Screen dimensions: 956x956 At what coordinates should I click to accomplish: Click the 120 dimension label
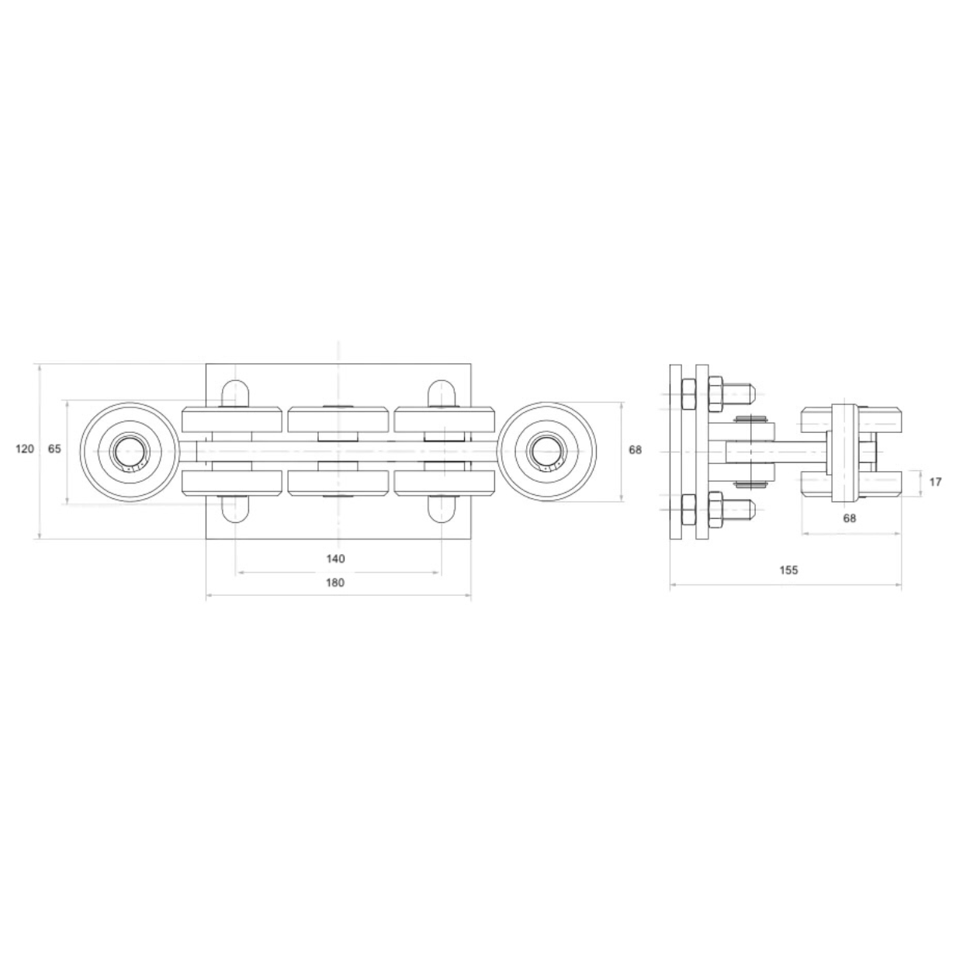pyautogui.click(x=25, y=449)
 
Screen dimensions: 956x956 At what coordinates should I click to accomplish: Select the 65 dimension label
pyautogui.click(x=54, y=449)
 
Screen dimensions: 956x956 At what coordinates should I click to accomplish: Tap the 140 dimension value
pyautogui.click(x=335, y=559)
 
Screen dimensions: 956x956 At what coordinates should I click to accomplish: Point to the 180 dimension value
pyautogui.click(x=335, y=583)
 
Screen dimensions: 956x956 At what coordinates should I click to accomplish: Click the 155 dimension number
pyautogui.click(x=789, y=570)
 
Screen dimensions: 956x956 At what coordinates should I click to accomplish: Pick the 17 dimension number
pyautogui.click(x=935, y=482)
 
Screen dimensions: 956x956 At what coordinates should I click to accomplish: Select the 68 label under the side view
pyautogui.click(x=850, y=518)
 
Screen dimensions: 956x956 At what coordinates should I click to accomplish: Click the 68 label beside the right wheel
pyautogui.click(x=635, y=450)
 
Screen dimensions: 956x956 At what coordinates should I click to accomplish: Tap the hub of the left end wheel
pyautogui.click(x=129, y=452)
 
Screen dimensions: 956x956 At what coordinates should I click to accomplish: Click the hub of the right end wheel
pyautogui.click(x=547, y=452)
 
